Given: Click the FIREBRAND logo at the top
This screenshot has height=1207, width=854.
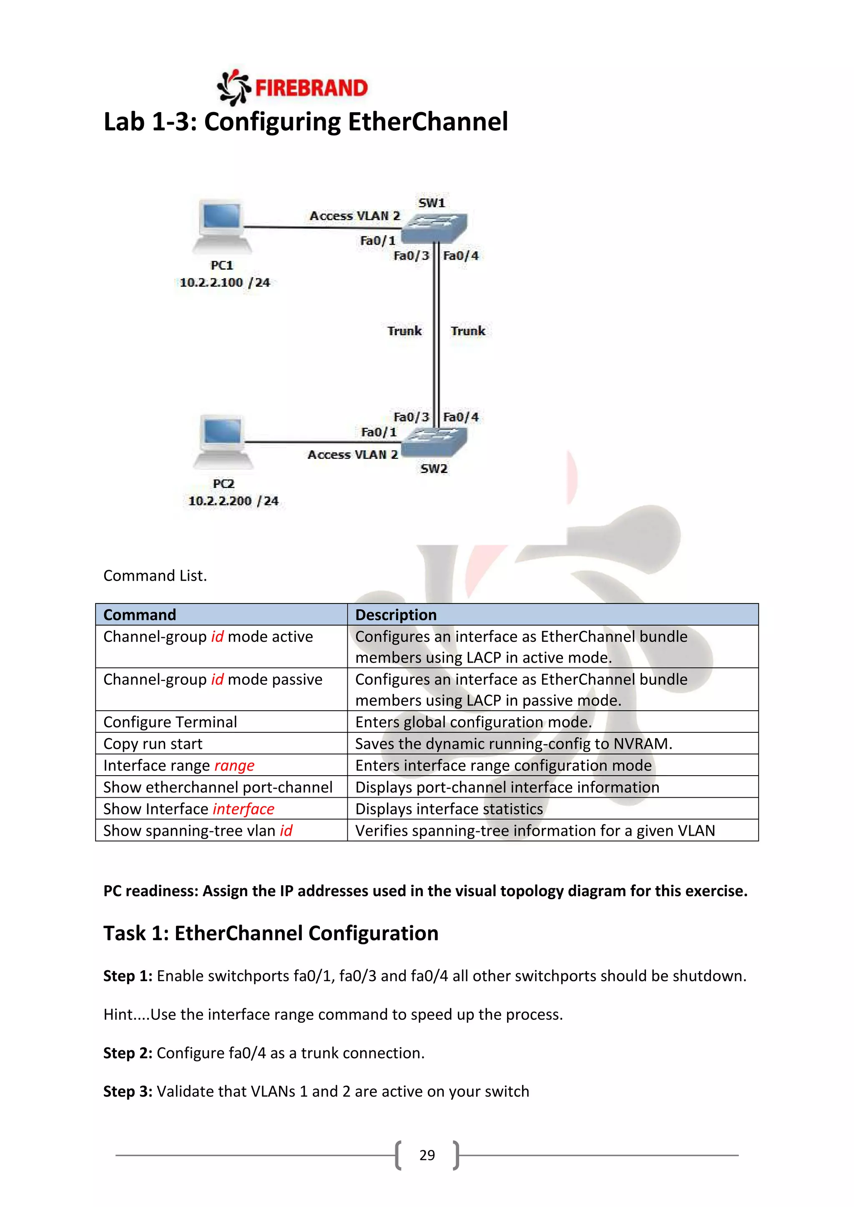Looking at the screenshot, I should (292, 87).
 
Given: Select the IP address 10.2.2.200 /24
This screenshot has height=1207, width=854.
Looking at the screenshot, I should (233, 501).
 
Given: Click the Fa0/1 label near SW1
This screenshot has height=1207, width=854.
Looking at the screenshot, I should (377, 241).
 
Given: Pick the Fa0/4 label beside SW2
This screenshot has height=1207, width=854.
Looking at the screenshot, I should (461, 417).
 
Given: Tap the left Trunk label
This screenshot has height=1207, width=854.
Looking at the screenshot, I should (404, 331).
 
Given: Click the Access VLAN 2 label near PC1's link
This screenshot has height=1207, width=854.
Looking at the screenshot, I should (354, 215).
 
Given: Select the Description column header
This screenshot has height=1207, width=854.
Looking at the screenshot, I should (396, 614).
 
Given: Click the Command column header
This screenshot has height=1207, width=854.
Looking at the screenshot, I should (140, 614).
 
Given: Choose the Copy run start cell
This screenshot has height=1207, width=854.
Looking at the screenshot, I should (153, 744).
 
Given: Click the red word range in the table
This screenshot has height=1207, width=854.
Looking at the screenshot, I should (234, 765).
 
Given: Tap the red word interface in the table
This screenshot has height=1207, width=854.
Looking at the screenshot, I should (244, 809).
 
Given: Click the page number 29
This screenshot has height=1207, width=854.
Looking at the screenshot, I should (427, 1155).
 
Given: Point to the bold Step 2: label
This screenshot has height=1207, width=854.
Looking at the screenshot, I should (128, 1053).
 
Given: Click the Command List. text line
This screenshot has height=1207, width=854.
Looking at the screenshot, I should (155, 576).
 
